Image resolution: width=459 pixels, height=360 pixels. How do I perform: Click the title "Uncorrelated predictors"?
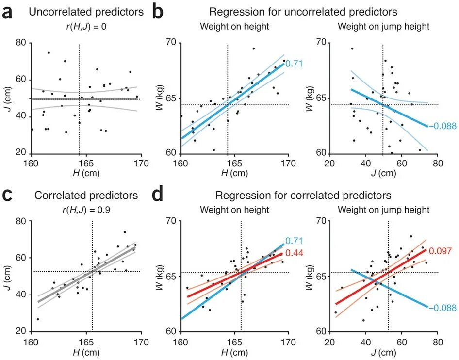[86, 12]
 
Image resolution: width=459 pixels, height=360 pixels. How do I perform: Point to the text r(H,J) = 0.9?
[81, 210]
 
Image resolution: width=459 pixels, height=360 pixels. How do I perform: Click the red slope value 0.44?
[294, 253]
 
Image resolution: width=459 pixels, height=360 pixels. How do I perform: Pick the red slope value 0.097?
[440, 251]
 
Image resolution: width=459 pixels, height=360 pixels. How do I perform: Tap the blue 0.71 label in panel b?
[294, 63]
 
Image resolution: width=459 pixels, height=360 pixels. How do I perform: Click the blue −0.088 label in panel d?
[443, 308]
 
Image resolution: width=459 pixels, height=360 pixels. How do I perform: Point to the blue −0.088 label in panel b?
[443, 126]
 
